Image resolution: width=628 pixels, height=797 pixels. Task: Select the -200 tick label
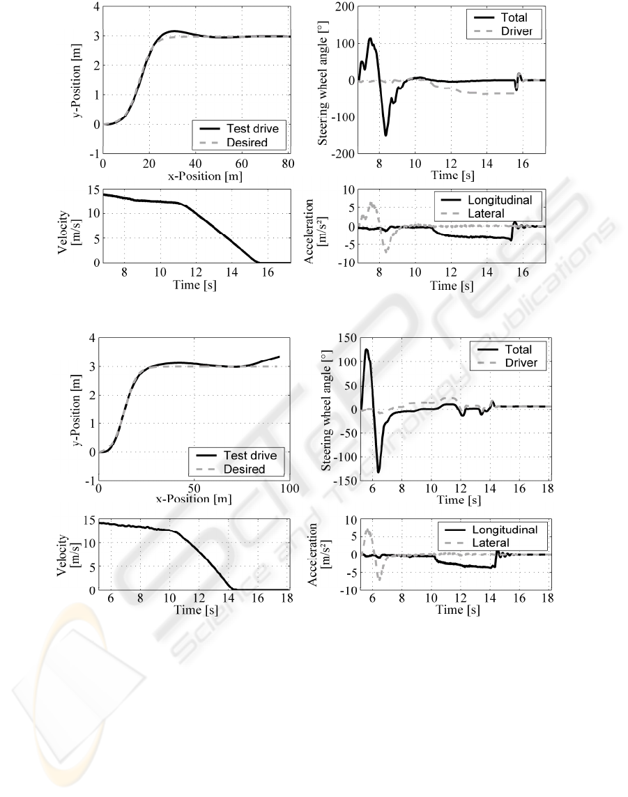323,153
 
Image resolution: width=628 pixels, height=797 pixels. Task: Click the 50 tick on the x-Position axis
193,489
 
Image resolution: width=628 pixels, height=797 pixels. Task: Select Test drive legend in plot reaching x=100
245,456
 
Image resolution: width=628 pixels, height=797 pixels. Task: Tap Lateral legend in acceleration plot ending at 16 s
489,213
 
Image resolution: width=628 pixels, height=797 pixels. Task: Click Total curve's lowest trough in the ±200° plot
385,134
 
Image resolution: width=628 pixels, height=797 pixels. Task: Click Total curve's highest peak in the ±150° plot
367,350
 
